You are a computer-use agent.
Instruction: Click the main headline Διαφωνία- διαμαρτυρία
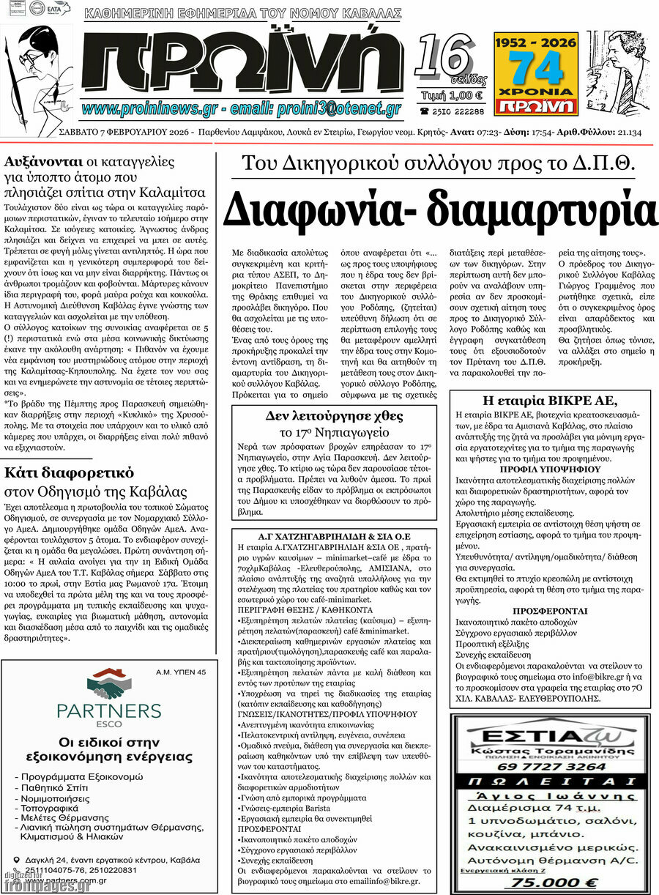[439, 207]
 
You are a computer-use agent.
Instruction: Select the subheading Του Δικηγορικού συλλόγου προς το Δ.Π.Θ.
[439, 163]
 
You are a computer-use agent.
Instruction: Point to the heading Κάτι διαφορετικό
[69, 472]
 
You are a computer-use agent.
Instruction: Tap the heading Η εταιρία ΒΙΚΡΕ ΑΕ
[550, 400]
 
